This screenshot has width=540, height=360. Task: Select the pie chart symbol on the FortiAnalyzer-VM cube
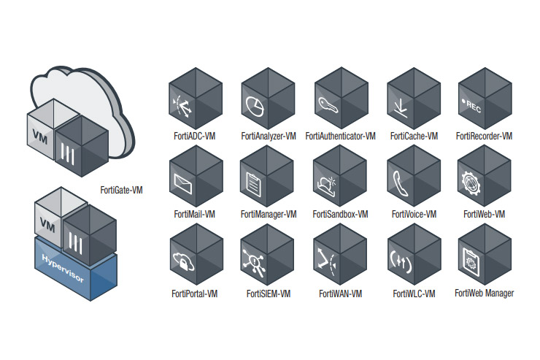click(255, 105)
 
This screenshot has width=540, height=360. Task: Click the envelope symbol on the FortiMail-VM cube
click(181, 183)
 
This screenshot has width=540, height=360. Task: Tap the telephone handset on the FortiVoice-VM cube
click(398, 182)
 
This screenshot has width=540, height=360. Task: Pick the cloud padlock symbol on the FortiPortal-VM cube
click(181, 260)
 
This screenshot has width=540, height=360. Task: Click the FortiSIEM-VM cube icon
click(268, 256)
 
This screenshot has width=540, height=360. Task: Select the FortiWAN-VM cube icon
click(340, 256)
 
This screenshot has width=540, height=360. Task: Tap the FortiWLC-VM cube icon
click(413, 256)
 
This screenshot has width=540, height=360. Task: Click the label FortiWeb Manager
click(484, 294)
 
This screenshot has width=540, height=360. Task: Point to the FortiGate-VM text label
click(121, 190)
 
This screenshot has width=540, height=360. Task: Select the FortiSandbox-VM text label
click(340, 215)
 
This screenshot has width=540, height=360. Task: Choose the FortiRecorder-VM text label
click(484, 136)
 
